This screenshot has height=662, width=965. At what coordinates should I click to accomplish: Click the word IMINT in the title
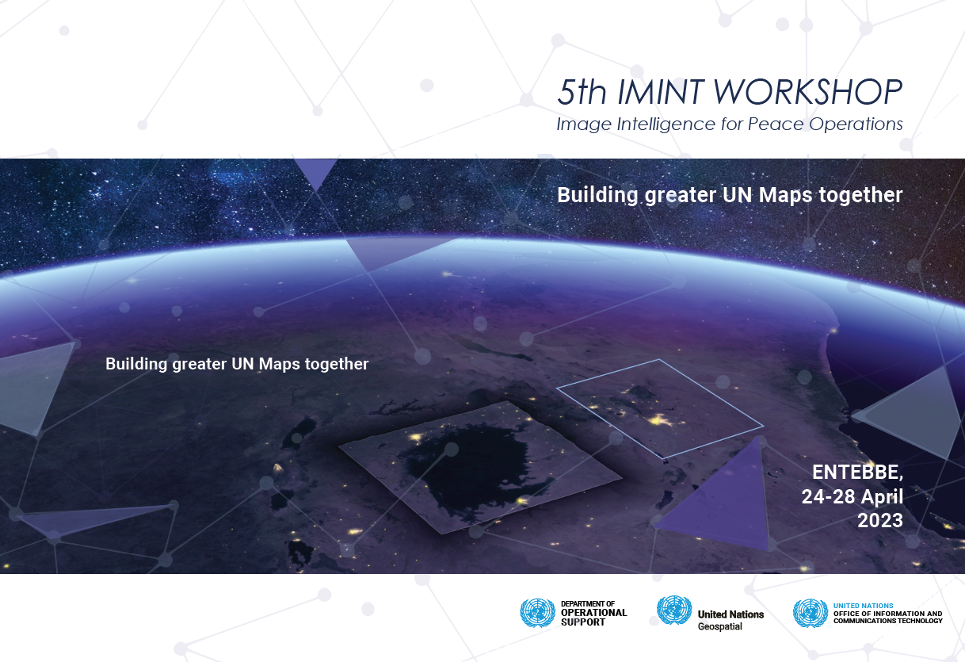(662, 92)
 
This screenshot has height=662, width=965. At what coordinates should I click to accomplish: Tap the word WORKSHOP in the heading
(808, 92)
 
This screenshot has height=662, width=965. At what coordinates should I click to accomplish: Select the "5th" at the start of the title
(582, 92)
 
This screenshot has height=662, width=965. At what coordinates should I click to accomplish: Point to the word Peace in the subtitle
(776, 124)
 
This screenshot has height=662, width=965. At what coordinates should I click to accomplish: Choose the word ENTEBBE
(857, 473)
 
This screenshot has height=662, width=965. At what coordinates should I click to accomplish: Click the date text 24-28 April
(852, 497)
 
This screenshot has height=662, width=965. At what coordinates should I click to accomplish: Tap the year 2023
(880, 521)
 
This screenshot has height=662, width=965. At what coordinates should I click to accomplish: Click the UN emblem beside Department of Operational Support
(537, 612)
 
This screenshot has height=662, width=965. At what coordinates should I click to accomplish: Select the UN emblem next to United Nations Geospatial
(673, 610)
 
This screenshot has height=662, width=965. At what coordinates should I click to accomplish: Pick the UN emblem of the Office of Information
(811, 613)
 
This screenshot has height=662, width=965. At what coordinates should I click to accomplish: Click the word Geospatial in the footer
(720, 626)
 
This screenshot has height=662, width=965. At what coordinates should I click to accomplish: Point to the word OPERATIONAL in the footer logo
(593, 613)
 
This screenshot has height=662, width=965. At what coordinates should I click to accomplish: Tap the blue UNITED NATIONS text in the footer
(864, 606)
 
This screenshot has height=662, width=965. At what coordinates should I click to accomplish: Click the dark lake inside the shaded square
(470, 470)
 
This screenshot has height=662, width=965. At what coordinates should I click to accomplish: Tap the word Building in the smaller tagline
(136, 364)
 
